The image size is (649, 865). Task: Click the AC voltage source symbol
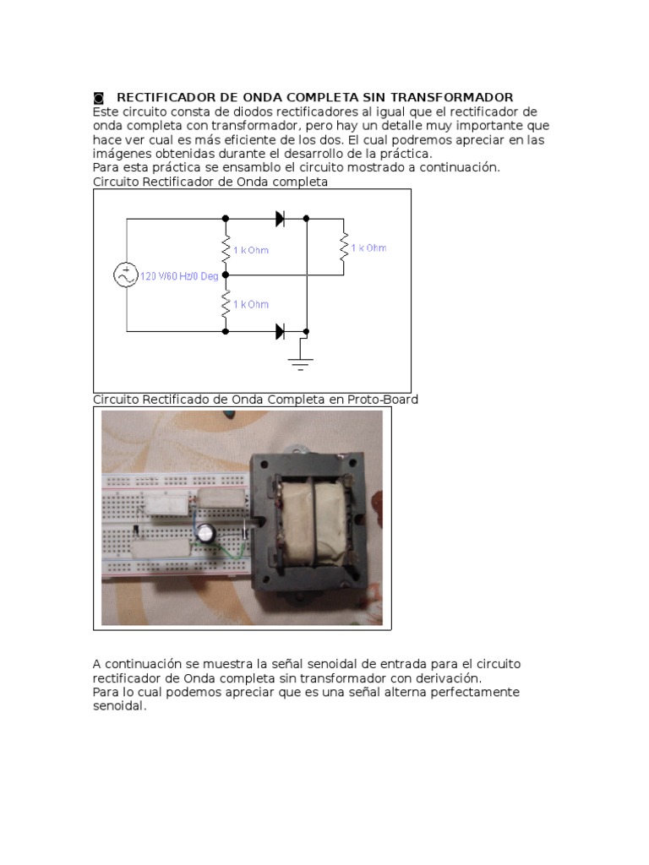coord(127,275)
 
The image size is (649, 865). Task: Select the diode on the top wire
coord(281,219)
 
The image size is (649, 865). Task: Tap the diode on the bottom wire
coord(281,332)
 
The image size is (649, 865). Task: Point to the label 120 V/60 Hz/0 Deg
coord(178,276)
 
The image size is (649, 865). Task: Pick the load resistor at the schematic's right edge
coord(344,248)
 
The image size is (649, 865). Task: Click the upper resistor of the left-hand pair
coord(226,249)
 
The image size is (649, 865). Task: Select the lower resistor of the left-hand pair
coord(226,304)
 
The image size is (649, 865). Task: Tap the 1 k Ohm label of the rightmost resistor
coord(368,248)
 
